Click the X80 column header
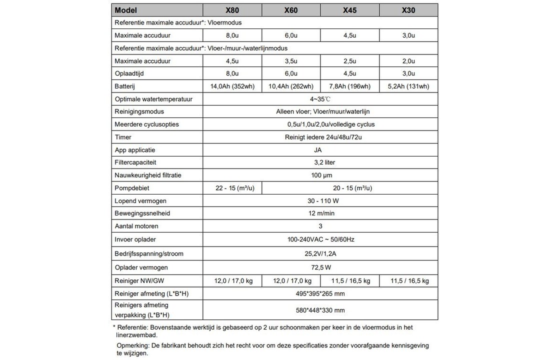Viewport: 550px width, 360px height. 232,10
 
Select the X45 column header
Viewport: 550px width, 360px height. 349,10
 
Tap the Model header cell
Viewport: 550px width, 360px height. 126,10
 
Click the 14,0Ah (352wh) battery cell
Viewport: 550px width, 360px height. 232,86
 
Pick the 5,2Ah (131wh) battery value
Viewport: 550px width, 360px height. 408,86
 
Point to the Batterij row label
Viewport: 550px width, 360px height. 125,86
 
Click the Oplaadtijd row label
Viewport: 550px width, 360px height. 128,73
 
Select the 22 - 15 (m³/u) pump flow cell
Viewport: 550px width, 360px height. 232,188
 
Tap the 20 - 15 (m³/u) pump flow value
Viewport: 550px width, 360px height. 349,188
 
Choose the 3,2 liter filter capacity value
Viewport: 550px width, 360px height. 320,162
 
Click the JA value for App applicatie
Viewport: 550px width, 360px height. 320,150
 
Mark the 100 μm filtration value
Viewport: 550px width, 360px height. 320,175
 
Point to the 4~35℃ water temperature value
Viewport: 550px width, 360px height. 320,99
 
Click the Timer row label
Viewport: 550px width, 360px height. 123,137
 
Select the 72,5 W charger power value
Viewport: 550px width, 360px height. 320,267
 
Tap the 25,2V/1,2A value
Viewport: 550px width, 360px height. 320,253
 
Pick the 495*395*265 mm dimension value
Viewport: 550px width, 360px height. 320,293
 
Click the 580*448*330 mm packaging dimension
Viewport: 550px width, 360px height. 320,310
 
